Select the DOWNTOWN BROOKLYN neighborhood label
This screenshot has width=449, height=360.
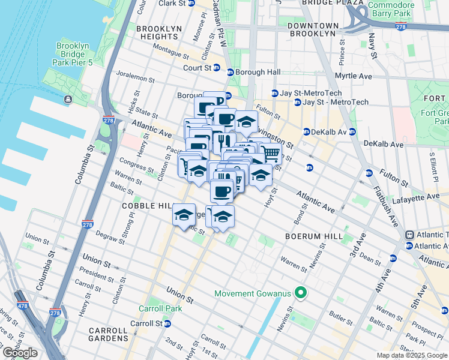(x=313, y=29)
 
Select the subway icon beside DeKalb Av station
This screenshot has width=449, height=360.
(x=306, y=132)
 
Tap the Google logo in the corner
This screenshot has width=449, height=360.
(x=20, y=353)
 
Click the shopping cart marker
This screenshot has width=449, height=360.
(x=271, y=154)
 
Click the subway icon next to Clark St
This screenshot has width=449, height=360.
(x=191, y=3)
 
